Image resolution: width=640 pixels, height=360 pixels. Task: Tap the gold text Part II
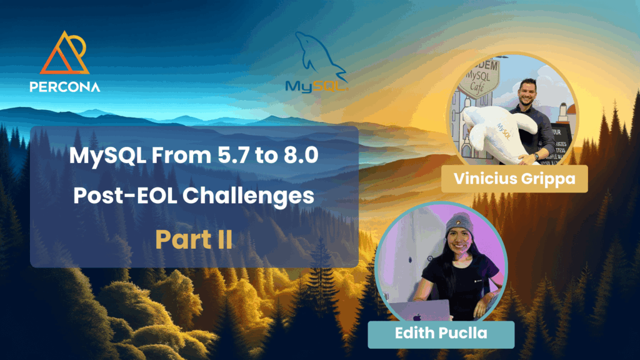point(194,239)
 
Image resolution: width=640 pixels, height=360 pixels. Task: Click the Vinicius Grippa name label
point(514,179)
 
